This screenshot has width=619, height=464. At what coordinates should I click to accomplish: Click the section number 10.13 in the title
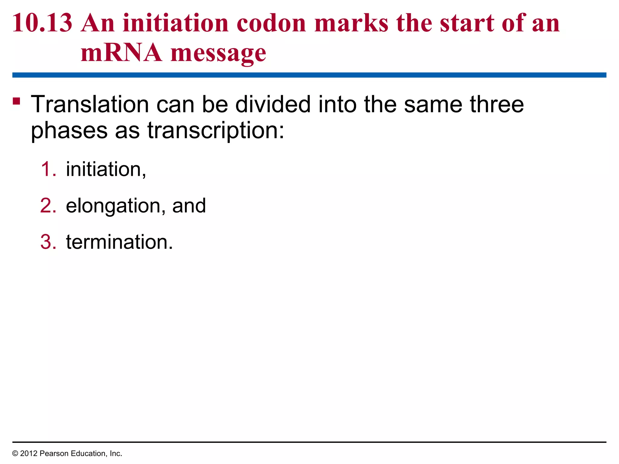point(42,23)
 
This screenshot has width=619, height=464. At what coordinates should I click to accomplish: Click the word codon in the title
point(271,23)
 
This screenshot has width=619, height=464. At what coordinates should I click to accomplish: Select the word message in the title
point(218,53)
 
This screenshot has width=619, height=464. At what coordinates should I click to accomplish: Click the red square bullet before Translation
point(17,101)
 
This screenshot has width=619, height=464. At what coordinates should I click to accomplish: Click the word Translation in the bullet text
point(90,104)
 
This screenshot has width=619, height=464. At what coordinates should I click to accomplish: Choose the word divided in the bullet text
point(273,104)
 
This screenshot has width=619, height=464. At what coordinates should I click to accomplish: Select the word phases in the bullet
point(69,131)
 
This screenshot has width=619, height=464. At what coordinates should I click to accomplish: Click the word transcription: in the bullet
point(216,131)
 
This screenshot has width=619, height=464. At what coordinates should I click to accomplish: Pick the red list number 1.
point(48,169)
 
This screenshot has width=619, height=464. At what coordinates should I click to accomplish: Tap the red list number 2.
point(48,206)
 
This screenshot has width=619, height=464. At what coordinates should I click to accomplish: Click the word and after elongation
point(189,206)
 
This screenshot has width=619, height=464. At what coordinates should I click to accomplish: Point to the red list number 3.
point(48,242)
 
